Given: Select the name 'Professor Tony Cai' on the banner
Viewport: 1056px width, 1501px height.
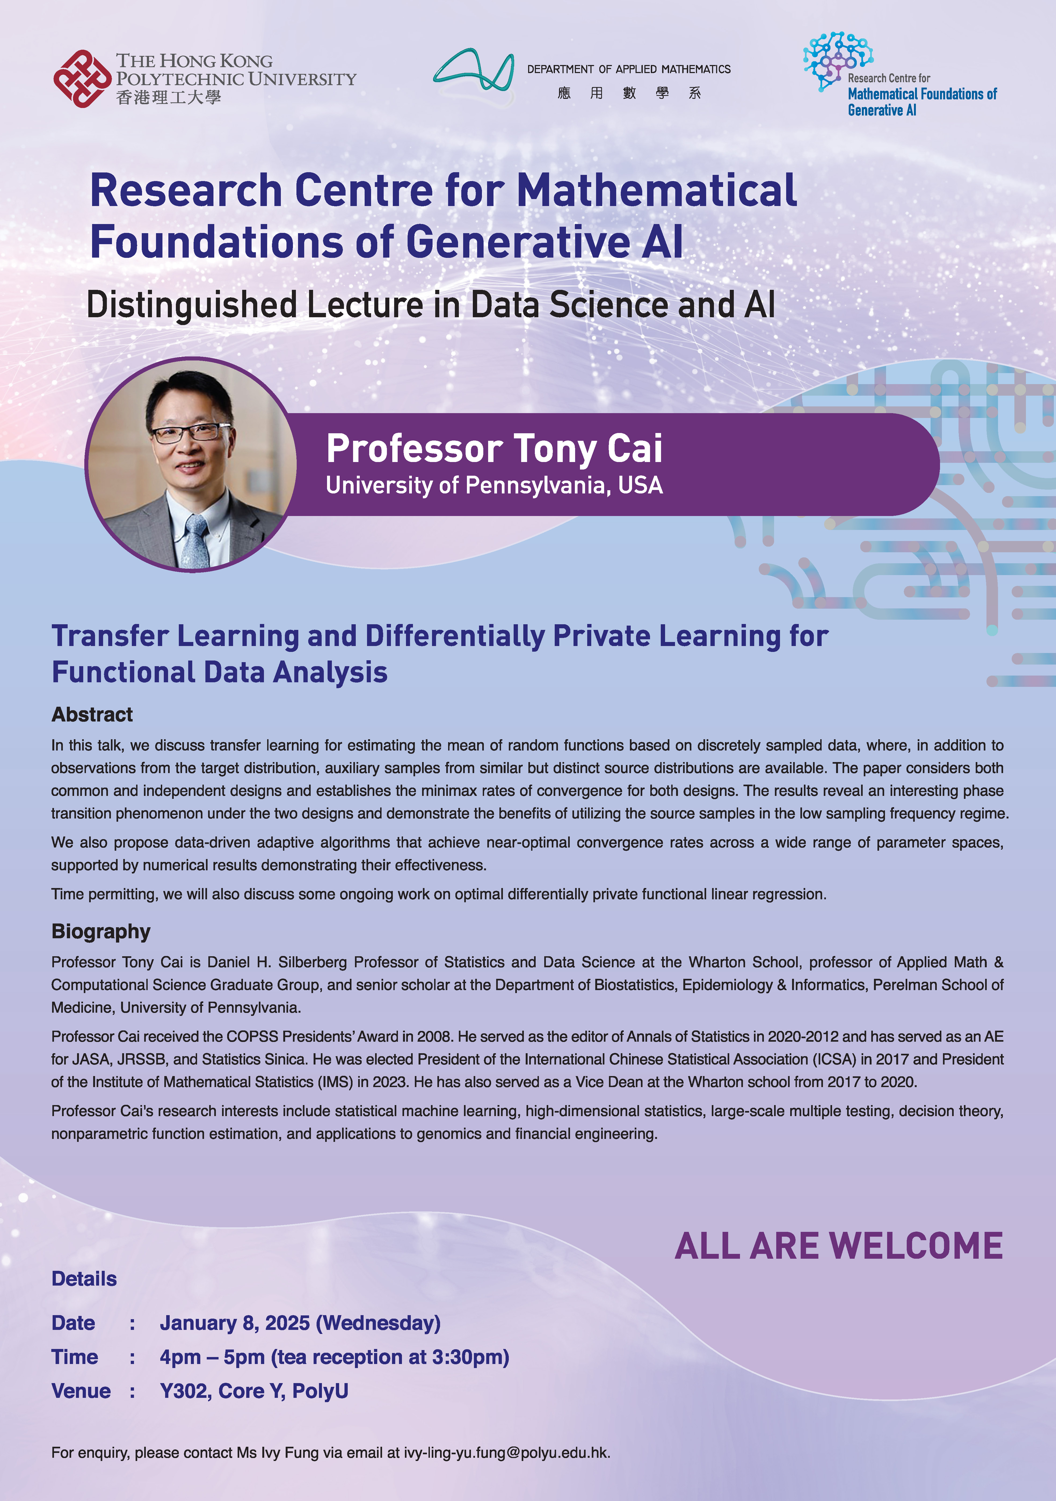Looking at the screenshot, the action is pos(494,449).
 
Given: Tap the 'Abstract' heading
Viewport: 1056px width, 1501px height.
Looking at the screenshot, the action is pos(92,715).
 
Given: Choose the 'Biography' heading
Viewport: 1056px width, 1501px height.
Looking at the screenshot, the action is pos(101,932).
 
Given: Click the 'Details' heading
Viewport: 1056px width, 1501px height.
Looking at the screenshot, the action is pos(84,1279).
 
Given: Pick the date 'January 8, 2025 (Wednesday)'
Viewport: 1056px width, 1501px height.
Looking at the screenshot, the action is pos(300,1323).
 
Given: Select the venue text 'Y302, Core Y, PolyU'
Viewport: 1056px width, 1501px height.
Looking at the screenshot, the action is pos(254,1391).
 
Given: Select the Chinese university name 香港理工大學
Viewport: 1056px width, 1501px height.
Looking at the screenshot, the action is pos(169,98).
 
